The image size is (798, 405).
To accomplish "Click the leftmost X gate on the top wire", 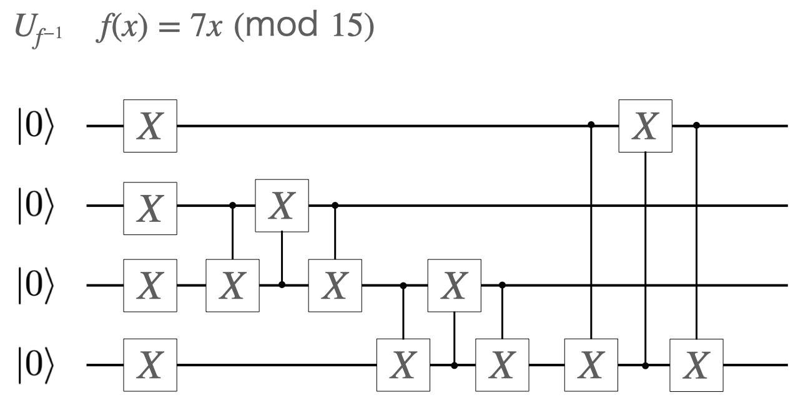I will pyautogui.click(x=150, y=126).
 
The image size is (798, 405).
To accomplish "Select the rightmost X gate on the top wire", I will pyautogui.click(x=645, y=126).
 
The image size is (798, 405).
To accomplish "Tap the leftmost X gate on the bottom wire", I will pyautogui.click(x=150, y=365).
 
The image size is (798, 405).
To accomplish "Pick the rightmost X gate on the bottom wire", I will pyautogui.click(x=696, y=365).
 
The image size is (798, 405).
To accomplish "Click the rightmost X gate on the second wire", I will pyautogui.click(x=282, y=205).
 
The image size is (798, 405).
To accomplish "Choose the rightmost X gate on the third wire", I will pyautogui.click(x=453, y=285).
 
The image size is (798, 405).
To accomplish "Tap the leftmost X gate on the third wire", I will pyautogui.click(x=150, y=285).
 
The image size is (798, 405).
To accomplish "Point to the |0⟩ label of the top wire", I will pyautogui.click(x=36, y=126).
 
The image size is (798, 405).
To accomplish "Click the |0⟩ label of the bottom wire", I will pyautogui.click(x=36, y=365).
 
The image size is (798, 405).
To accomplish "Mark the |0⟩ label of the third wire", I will pyautogui.click(x=36, y=285).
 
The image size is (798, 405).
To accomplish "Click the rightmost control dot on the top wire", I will pyautogui.click(x=696, y=126).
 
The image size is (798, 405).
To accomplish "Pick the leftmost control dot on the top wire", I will pyautogui.click(x=591, y=126).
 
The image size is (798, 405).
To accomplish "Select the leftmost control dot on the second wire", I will pyautogui.click(x=232, y=205).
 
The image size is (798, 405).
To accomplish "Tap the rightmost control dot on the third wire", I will pyautogui.click(x=503, y=285).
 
